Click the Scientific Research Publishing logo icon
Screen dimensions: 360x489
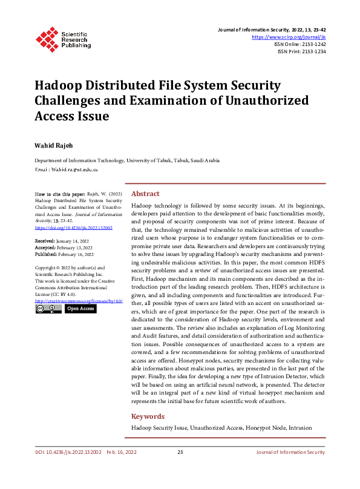46,38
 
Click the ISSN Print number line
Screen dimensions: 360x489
301,51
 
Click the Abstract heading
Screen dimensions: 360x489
145,194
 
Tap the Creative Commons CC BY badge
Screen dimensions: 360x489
48,309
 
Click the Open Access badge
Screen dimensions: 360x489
80,309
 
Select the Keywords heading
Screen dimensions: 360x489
148,416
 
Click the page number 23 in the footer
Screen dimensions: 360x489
180,452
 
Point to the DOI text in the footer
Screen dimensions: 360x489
68,452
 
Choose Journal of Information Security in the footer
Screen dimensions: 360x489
290,452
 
